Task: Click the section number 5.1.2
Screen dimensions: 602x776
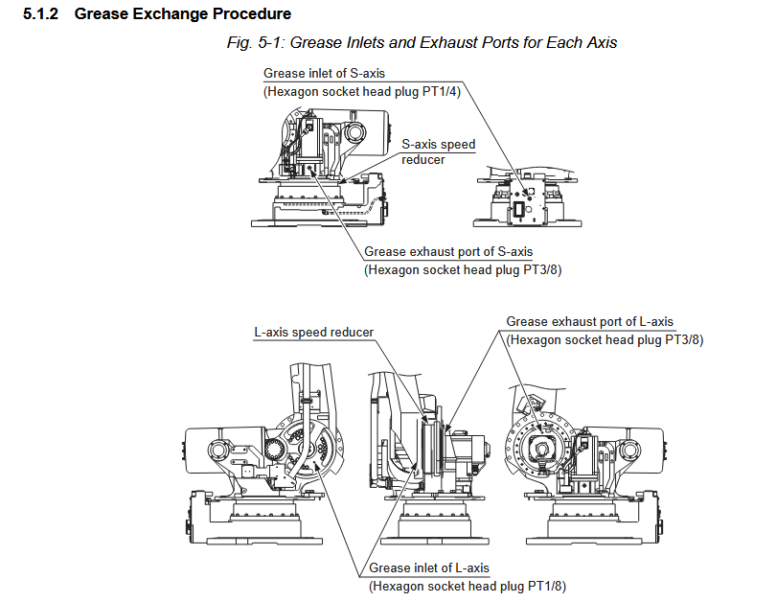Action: tap(43, 14)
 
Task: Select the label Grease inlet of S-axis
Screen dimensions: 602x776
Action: tap(323, 74)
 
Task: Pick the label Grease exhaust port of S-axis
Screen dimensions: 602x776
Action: tap(447, 251)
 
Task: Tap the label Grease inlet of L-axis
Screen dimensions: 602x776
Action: tap(429, 567)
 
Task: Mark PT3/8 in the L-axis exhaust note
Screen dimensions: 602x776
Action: tap(683, 339)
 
